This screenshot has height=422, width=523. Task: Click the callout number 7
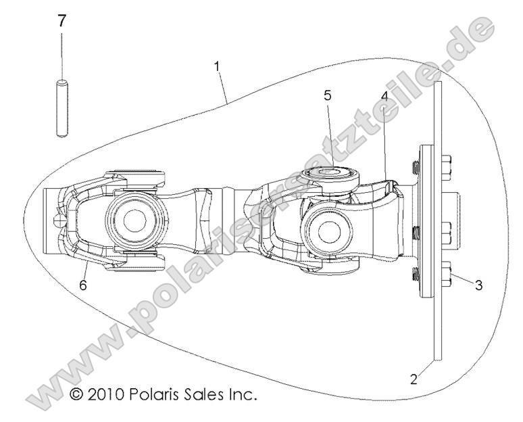coord(62,21)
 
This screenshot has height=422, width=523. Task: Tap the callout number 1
coord(217,66)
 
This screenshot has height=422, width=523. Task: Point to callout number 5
coord(327,95)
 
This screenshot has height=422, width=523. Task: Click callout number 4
coord(384,95)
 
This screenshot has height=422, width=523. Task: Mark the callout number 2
coord(414,379)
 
